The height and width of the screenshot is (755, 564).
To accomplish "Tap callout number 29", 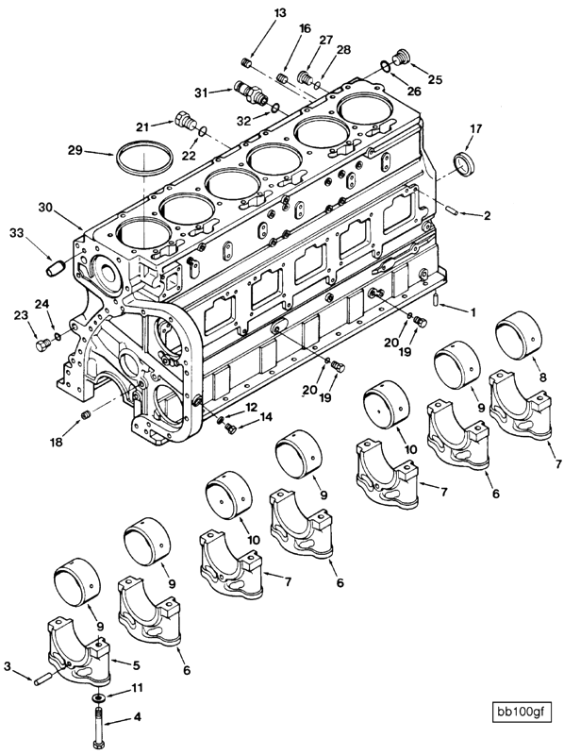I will (75, 150).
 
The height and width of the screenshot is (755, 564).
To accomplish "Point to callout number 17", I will (475, 128).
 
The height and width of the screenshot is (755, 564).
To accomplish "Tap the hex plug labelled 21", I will (185, 121).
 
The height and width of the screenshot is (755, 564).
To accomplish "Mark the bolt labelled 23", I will (41, 345).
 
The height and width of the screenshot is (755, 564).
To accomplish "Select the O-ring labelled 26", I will (387, 65).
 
